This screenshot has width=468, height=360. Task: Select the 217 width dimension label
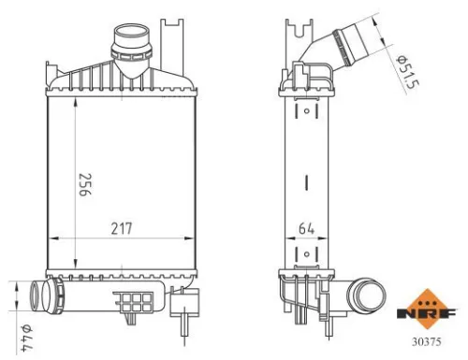click(122, 227)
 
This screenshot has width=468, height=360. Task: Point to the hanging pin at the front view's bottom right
click(183, 323)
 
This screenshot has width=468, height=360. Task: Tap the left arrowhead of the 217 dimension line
click(51, 238)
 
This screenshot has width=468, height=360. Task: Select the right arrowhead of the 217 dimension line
click(195, 238)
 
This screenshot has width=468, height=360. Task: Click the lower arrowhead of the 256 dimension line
click(75, 265)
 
